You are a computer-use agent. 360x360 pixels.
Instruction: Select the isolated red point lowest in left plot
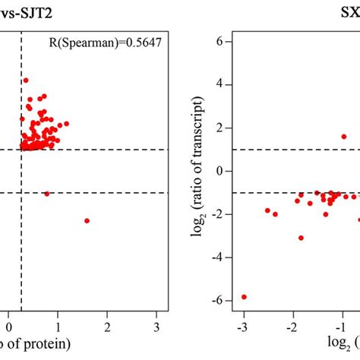tap(87, 220)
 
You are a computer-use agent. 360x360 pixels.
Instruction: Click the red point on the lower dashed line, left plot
tap(47, 194)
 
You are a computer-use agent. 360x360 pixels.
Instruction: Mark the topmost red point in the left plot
tap(26, 80)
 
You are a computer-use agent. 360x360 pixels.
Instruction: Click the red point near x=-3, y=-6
tap(244, 297)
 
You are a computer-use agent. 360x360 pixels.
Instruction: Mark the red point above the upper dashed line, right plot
tap(343, 137)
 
